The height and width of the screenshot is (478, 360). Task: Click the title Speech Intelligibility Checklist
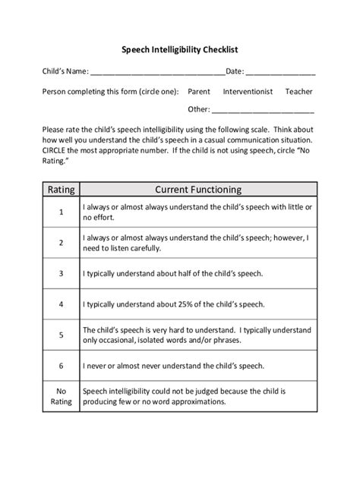(x=180, y=49)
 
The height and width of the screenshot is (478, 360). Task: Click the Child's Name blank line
(x=157, y=74)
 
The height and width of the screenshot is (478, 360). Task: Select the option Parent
(x=199, y=92)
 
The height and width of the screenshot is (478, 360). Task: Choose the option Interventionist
(x=250, y=92)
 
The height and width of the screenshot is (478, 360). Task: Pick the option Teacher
(x=298, y=92)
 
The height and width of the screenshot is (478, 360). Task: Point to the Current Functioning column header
(x=198, y=189)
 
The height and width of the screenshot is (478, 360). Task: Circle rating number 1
(x=60, y=212)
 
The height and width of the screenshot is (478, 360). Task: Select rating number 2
(x=60, y=243)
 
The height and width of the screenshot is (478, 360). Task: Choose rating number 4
(x=60, y=304)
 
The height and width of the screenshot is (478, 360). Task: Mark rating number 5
(x=60, y=335)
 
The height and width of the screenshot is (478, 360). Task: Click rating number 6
(x=60, y=366)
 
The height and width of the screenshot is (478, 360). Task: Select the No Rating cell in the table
(x=60, y=397)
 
